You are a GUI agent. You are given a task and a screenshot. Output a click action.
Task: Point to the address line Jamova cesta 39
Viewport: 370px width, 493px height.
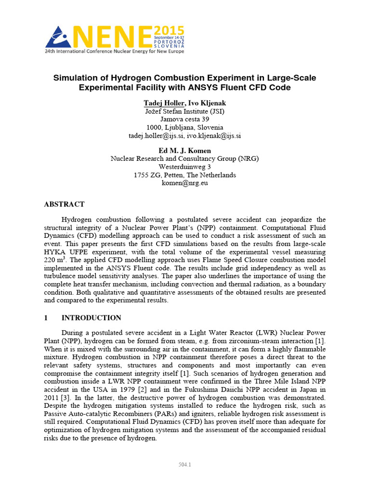185,119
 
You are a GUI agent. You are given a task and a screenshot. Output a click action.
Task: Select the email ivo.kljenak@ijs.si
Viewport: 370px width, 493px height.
214,136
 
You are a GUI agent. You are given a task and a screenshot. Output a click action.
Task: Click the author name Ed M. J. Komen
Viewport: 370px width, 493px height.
185,151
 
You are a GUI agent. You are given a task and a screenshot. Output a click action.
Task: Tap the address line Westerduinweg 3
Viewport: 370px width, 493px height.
185,167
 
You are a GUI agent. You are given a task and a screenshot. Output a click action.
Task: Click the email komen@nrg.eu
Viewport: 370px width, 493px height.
185,183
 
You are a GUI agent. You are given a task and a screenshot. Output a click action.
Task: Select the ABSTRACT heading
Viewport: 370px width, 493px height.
64,204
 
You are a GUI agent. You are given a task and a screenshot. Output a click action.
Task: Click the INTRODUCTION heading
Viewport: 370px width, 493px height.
91,318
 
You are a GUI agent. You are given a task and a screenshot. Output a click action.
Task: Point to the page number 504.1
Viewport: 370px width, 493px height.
185,465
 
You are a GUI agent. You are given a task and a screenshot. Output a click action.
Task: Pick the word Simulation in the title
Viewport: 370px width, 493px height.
76,78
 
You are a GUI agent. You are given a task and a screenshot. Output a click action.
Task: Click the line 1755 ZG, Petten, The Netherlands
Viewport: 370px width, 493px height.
185,175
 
